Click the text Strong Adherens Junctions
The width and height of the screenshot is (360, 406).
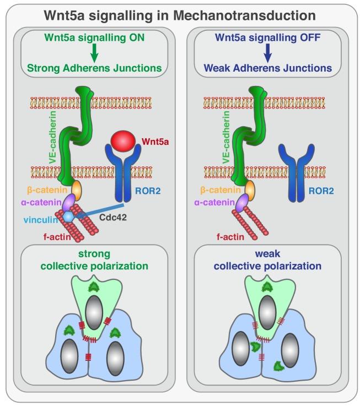[x=95, y=68]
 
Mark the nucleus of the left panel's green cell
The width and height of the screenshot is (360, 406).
[x=96, y=311]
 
